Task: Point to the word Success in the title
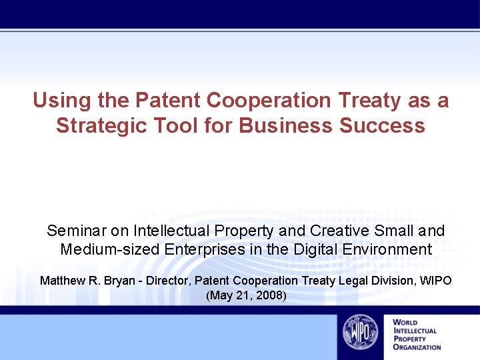(383, 125)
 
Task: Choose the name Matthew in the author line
(61, 281)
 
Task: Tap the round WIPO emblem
(360, 331)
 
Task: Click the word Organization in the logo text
(417, 347)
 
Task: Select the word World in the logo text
(406, 323)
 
